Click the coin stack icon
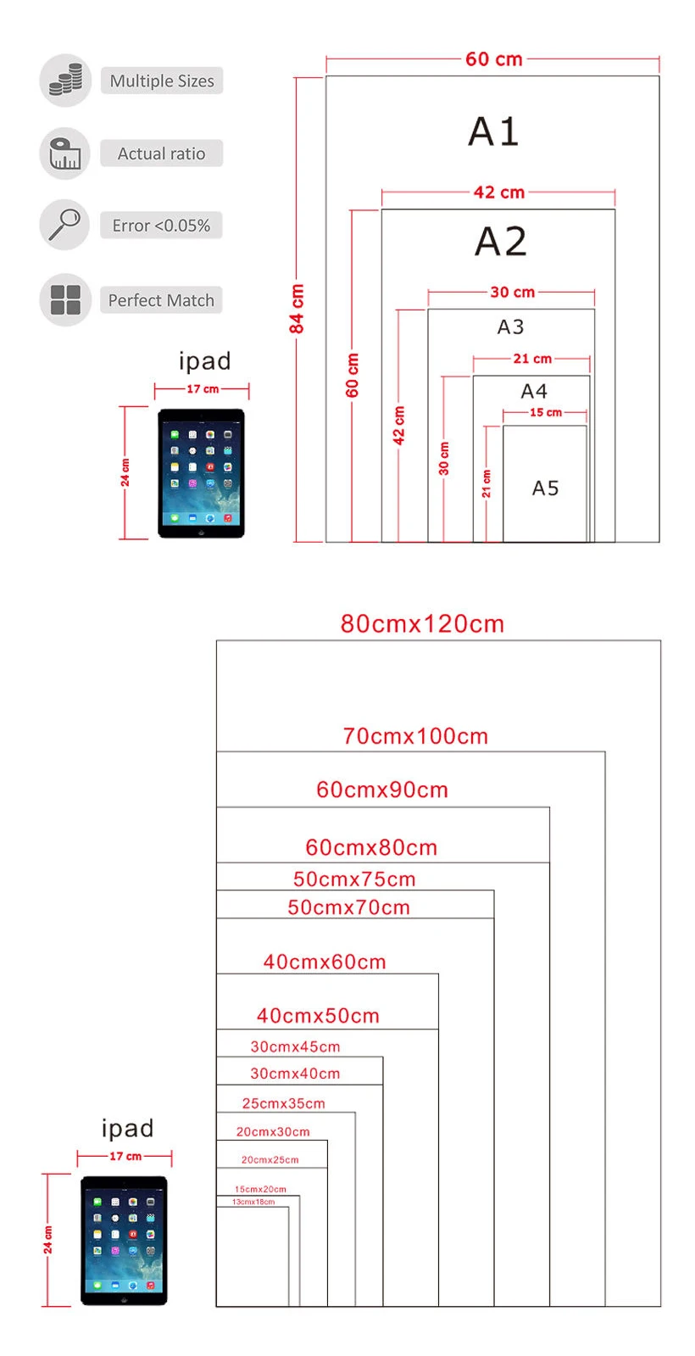[65, 81]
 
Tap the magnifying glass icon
[64, 225]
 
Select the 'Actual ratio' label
[161, 153]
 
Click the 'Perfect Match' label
[161, 300]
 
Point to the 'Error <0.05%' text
[161, 226]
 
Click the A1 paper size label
[493, 131]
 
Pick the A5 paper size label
[545, 488]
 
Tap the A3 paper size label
[510, 326]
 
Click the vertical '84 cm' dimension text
[297, 309]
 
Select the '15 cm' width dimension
[545, 412]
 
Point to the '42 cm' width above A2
[498, 193]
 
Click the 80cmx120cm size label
[422, 624]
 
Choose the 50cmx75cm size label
[354, 879]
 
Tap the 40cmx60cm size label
[325, 962]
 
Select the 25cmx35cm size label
[283, 1103]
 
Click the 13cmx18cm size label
[253, 1202]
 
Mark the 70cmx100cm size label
[415, 736]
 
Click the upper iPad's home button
[201, 533]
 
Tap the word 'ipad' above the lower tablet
[127, 1128]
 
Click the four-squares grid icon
[65, 299]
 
